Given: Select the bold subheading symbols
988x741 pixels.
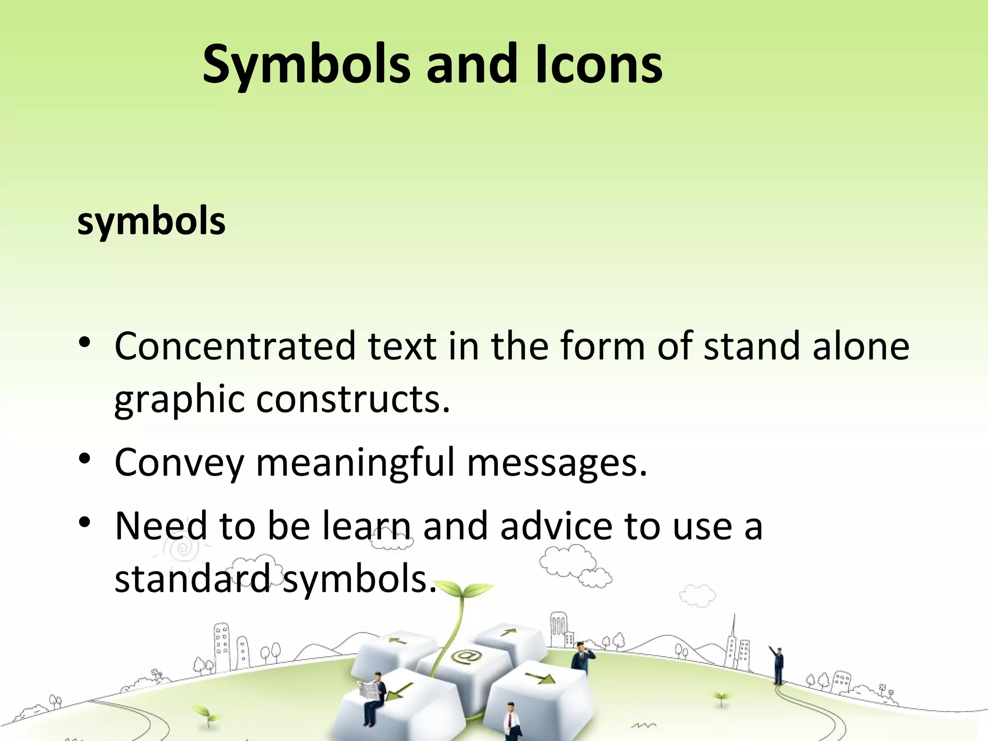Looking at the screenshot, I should tap(151, 221).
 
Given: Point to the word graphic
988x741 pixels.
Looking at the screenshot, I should tap(179, 400).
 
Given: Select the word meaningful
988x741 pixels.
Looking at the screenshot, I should tap(355, 462).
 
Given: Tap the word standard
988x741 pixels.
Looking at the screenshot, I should tap(193, 579).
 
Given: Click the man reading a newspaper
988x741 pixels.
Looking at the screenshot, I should tap(373, 695).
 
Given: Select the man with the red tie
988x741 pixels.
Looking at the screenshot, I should tap(510, 722).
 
